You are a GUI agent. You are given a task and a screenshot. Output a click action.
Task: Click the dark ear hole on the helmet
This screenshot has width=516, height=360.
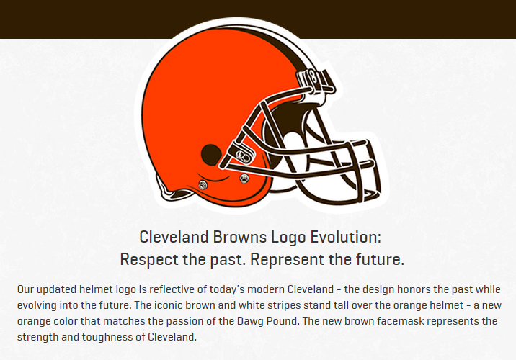pyautogui.click(x=210, y=153)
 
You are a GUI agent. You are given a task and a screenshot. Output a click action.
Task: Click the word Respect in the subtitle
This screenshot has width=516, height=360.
pyautogui.click(x=148, y=258)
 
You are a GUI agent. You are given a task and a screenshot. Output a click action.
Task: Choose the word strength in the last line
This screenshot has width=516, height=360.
pyautogui.click(x=38, y=336)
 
